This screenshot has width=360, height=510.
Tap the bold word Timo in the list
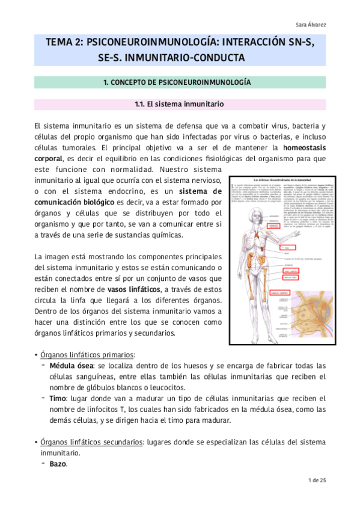(x=58, y=398)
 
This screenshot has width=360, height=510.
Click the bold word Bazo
(x=58, y=464)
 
